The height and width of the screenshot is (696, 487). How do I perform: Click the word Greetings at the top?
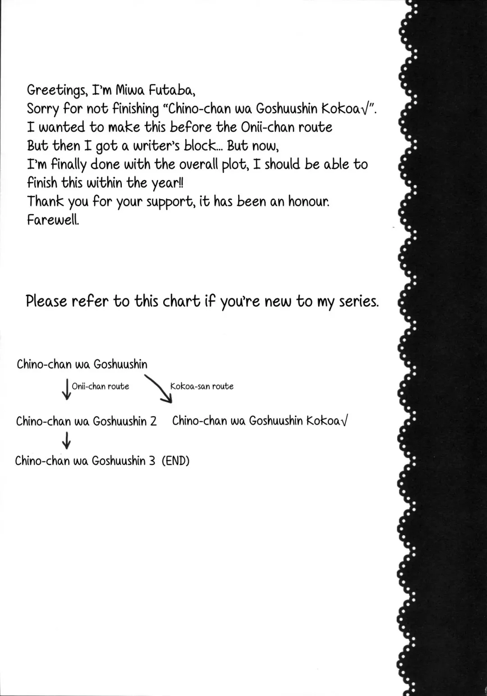coord(56,91)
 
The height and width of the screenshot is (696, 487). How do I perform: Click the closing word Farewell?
coord(53,220)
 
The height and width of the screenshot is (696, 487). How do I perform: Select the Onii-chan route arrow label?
coord(101,386)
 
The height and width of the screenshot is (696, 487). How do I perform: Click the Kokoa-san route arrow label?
coord(202,386)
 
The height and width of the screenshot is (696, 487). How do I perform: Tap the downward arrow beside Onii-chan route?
coord(66,389)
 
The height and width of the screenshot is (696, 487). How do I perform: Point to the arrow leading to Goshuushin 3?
coord(66,440)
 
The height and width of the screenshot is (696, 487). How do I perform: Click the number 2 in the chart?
coord(153,421)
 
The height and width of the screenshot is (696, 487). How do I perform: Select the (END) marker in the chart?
coord(175,461)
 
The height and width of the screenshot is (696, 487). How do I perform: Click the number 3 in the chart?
coord(152,461)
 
